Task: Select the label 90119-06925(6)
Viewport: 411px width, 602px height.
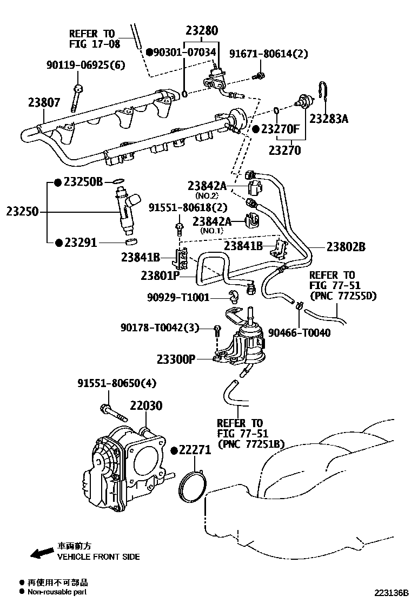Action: [85, 66]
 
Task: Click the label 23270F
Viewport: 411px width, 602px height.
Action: [280, 129]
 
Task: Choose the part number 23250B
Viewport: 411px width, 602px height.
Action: [83, 182]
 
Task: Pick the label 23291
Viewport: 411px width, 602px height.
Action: [81, 243]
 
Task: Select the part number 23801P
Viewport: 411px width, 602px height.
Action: [160, 275]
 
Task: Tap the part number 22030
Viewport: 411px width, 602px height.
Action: [145, 405]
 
